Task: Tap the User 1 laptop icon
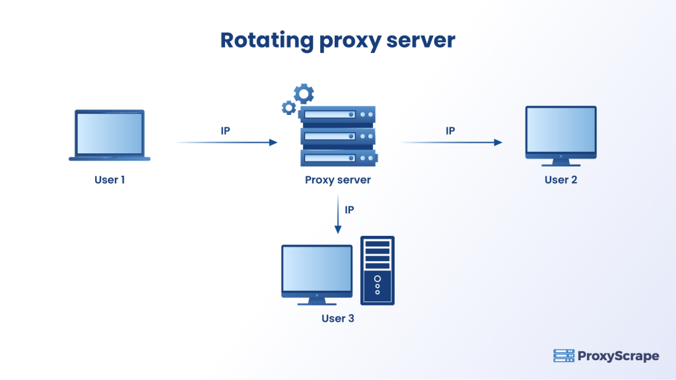click(110, 135)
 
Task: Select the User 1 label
click(110, 180)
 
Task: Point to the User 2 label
click(560, 180)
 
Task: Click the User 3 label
click(337, 319)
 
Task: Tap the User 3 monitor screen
click(317, 270)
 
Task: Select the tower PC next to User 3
click(378, 270)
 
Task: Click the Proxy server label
click(337, 180)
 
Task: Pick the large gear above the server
click(304, 93)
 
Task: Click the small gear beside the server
click(288, 107)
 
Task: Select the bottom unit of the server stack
click(337, 159)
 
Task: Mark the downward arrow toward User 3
click(338, 214)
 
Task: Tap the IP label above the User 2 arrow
click(450, 131)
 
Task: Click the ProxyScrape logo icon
click(563, 356)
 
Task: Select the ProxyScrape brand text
click(618, 356)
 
